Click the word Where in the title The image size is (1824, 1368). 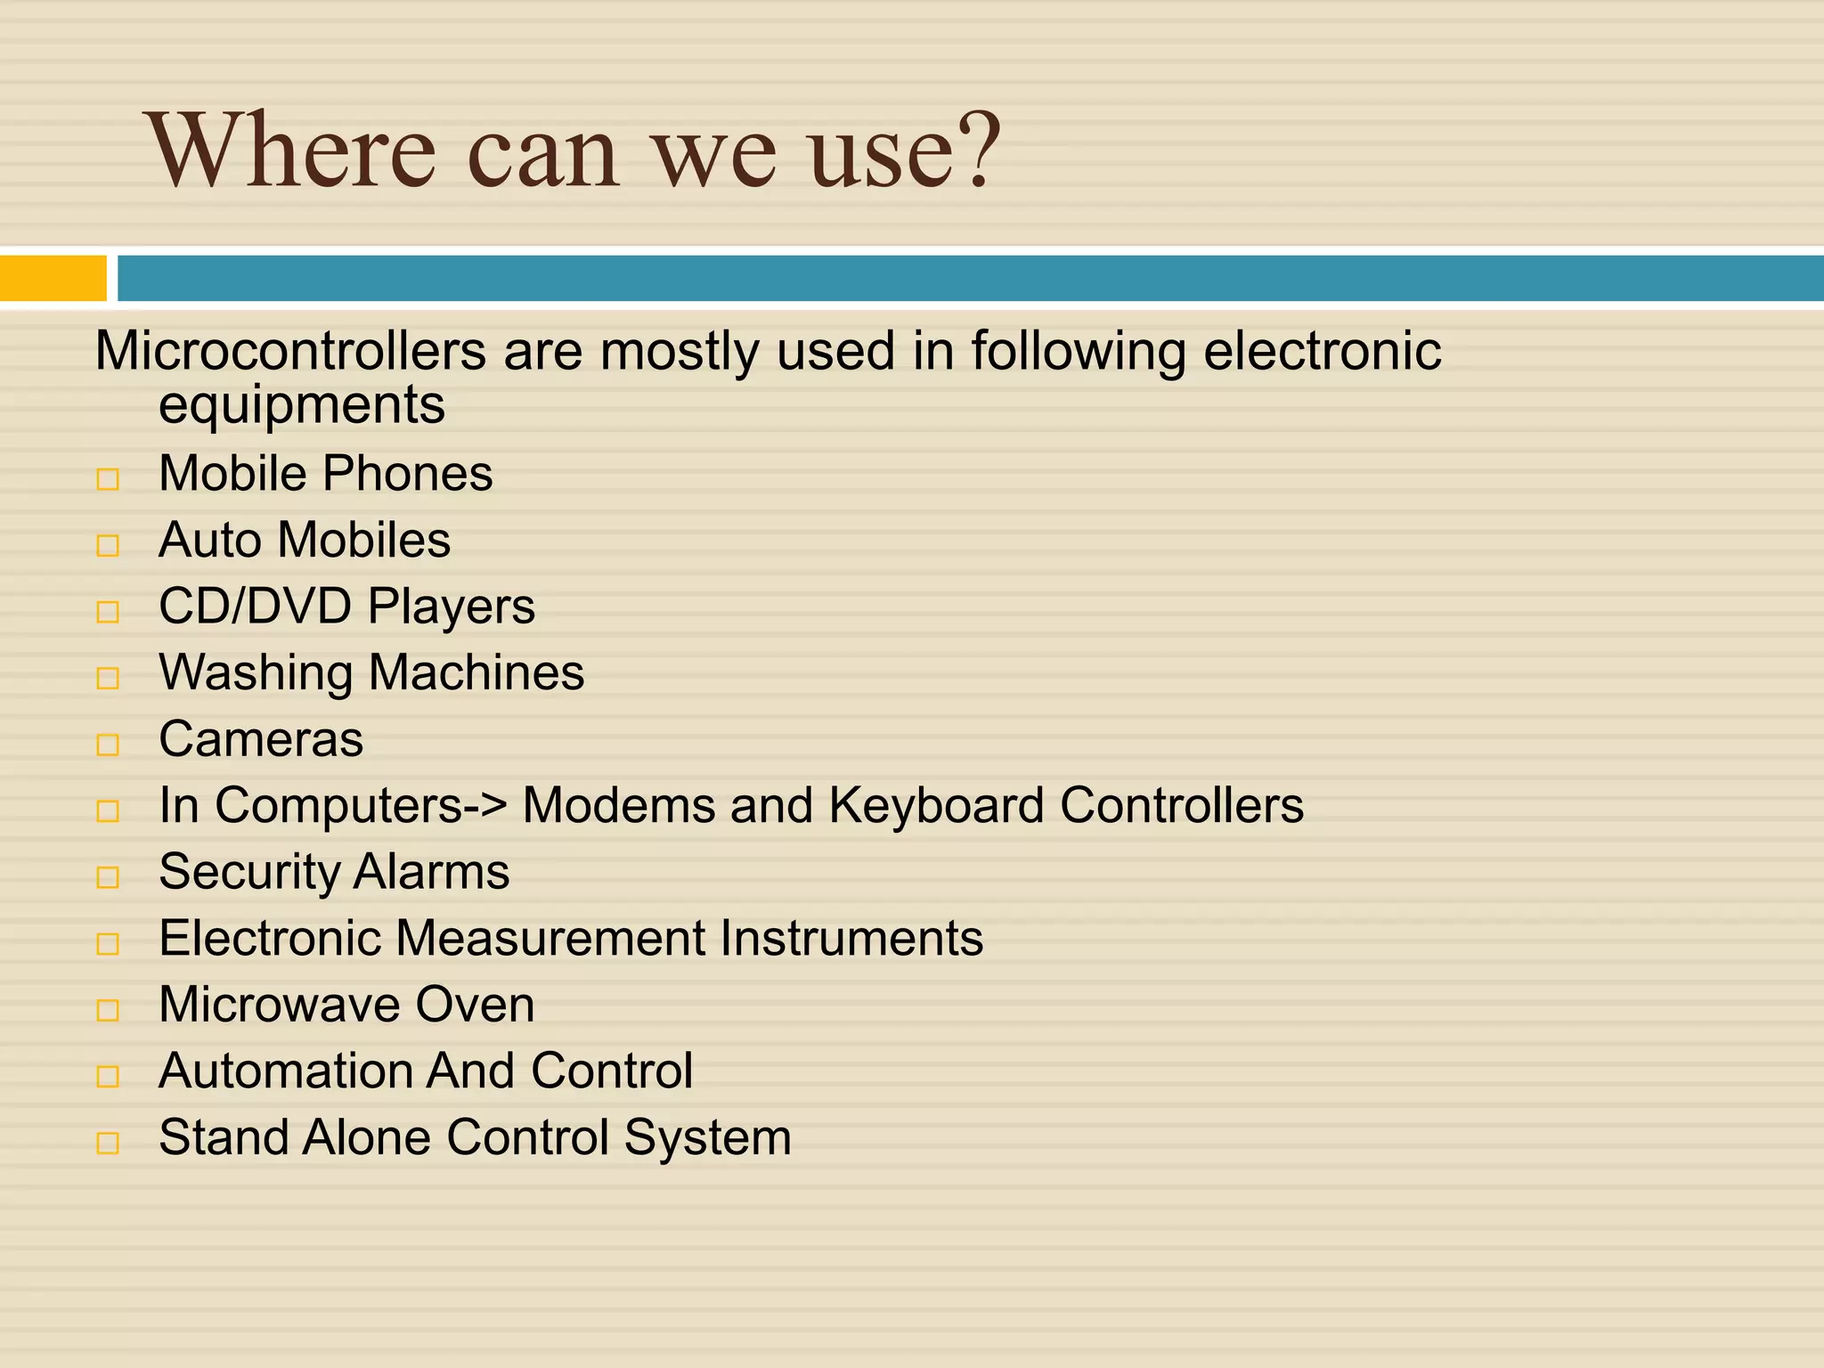[295, 151]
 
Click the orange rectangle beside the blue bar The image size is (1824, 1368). [53, 278]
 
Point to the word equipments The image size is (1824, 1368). [302, 405]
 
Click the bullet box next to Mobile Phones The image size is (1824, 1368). [108, 479]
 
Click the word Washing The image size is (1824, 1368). [256, 673]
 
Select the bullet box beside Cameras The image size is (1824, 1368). [108, 745]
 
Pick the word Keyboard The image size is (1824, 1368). [936, 806]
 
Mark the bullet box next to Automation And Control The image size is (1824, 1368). [108, 1077]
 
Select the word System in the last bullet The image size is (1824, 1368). [707, 1138]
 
